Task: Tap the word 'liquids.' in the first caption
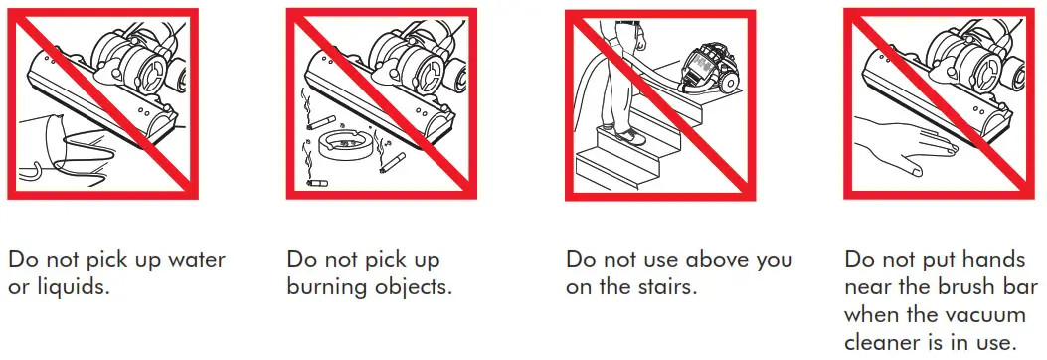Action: [69, 288]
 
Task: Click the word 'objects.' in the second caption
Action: [415, 288]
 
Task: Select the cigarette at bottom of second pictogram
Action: [318, 184]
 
